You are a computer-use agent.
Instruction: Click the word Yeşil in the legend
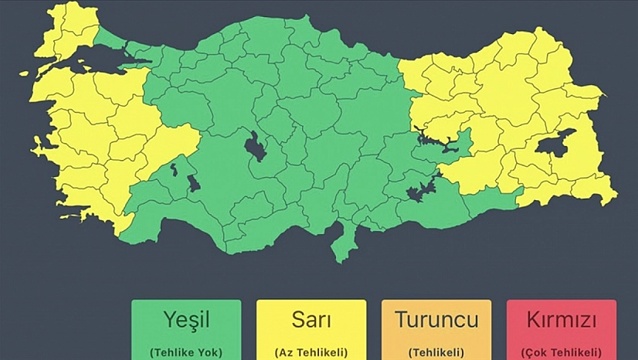pyautogui.click(x=186, y=319)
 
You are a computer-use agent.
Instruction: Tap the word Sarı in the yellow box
pyautogui.click(x=311, y=319)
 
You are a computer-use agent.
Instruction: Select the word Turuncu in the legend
pyautogui.click(x=436, y=319)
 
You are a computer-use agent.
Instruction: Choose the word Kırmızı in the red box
pyautogui.click(x=562, y=319)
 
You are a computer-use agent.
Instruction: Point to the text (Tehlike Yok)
pyautogui.click(x=186, y=352)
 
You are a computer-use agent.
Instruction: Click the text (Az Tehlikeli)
pyautogui.click(x=311, y=352)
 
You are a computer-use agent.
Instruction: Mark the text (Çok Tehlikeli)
pyautogui.click(x=562, y=352)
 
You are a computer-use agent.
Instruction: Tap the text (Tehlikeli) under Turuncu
pyautogui.click(x=436, y=352)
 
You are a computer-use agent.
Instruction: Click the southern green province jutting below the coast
pyautogui.click(x=340, y=246)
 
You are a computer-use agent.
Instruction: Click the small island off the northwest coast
pyautogui.click(x=23, y=73)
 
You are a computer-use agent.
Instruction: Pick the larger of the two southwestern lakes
pyautogui.click(x=193, y=184)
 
